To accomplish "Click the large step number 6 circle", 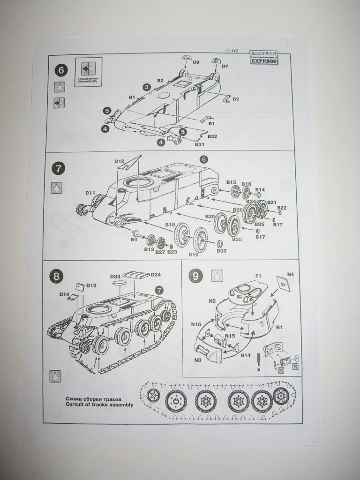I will point(61,70).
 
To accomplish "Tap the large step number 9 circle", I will point(195,276).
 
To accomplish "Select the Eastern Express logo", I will point(263,57).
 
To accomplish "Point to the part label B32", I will point(212,136).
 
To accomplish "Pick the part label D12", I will point(119,161).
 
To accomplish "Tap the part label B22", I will point(282,208).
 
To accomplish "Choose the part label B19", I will point(194,255).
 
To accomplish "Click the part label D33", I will point(116,277).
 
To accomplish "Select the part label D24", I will point(156,274).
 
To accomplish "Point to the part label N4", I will point(291,274).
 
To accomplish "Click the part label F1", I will point(257,276).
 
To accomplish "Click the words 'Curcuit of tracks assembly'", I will point(99,404).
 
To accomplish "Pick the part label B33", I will point(222,251).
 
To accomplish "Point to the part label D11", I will point(90,193).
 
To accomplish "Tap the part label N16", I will point(196,324).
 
